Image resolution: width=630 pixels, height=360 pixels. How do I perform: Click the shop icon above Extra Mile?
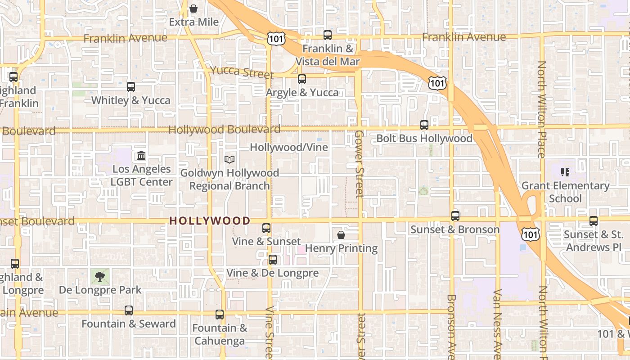point(193,9)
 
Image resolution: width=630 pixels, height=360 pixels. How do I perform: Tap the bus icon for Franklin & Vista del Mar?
point(328,35)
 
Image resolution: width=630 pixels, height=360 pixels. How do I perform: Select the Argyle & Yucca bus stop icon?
point(302,79)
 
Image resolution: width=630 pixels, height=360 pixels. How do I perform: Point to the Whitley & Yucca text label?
point(131,100)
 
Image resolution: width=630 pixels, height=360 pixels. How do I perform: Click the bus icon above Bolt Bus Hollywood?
point(424,125)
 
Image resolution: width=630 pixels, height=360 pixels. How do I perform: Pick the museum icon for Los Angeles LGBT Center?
point(141,156)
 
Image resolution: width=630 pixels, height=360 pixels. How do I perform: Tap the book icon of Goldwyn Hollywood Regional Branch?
point(229,159)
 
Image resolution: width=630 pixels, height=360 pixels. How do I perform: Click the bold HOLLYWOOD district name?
point(210,220)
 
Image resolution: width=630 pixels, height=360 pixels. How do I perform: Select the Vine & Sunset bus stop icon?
point(266,228)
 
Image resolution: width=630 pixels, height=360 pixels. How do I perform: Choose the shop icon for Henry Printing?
point(341,235)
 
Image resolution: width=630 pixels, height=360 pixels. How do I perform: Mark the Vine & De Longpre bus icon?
point(273,260)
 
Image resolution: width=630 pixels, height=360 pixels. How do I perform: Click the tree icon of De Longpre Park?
point(100,277)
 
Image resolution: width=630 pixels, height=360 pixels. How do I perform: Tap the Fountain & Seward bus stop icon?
point(129,310)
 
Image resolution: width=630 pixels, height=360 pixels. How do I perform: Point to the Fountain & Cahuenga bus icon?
point(220,315)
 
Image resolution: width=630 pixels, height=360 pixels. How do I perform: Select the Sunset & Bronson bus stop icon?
point(455,216)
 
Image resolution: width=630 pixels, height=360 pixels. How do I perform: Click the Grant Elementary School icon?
point(565,172)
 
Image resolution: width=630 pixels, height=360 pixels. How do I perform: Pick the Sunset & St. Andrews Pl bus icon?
point(594,221)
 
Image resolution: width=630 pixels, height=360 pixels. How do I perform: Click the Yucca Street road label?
point(242,72)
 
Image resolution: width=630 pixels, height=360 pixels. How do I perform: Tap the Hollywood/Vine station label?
point(289,147)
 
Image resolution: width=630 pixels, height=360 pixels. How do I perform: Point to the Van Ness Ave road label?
point(497,324)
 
